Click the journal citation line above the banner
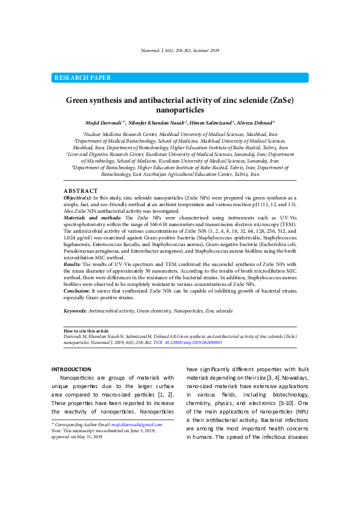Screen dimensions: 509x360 (x=180, y=50)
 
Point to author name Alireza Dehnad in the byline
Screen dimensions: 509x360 (x=255, y=123)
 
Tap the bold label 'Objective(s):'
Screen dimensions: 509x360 (x=78, y=198)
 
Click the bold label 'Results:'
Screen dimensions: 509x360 (x=73, y=264)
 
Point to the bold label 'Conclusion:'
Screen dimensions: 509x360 (x=77, y=290)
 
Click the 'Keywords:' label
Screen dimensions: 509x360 (x=75, y=310)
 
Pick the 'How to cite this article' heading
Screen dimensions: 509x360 (x=86, y=331)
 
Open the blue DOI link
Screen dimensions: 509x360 (x=188, y=342)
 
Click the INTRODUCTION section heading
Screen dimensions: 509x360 (x=71, y=369)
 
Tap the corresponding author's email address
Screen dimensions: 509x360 (x=134, y=425)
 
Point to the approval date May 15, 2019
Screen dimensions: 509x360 (x=90, y=435)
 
